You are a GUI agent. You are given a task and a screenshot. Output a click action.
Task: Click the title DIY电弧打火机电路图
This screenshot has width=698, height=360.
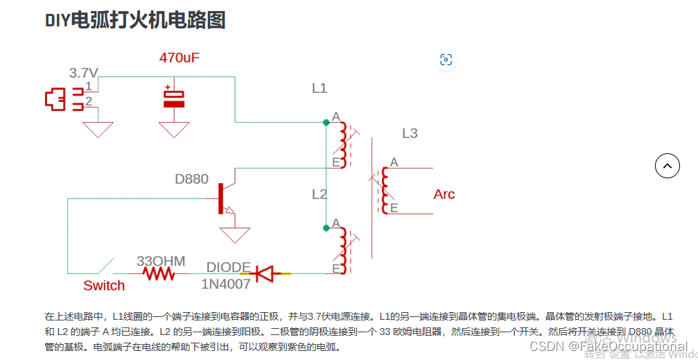coord(135,20)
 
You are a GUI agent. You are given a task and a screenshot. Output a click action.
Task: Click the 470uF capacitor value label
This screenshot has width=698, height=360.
coord(180,58)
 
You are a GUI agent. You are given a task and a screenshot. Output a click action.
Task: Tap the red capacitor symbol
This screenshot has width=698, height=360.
coord(174,98)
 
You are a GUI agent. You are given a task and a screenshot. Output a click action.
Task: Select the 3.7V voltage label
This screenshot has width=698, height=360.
coord(84,73)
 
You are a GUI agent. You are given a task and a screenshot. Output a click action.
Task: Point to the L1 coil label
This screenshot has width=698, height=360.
coord(319,88)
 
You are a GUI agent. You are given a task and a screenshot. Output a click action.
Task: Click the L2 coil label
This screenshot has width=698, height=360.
coord(319,194)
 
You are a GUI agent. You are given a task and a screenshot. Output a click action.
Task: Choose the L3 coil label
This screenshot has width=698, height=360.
coord(410,133)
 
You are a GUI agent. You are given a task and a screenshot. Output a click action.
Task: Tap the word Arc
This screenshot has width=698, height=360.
coord(444,194)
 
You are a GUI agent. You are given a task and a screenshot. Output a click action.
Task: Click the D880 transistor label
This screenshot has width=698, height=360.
coord(191,179)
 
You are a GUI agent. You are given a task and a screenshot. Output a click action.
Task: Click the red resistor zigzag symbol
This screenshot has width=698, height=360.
coord(159,274)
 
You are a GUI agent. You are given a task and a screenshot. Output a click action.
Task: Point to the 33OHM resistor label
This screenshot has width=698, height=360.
coord(161,262)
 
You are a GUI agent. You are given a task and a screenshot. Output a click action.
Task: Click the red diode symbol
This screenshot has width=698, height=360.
coord(265,274)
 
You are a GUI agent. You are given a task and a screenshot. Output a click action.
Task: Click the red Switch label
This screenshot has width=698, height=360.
coord(104,286)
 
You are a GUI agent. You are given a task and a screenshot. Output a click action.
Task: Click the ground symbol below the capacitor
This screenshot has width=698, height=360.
coord(174,130)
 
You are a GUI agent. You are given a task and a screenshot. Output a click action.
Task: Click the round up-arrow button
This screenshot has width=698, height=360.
coord(668,166)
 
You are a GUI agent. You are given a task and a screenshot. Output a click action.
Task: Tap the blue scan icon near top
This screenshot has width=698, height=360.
coord(446,60)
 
